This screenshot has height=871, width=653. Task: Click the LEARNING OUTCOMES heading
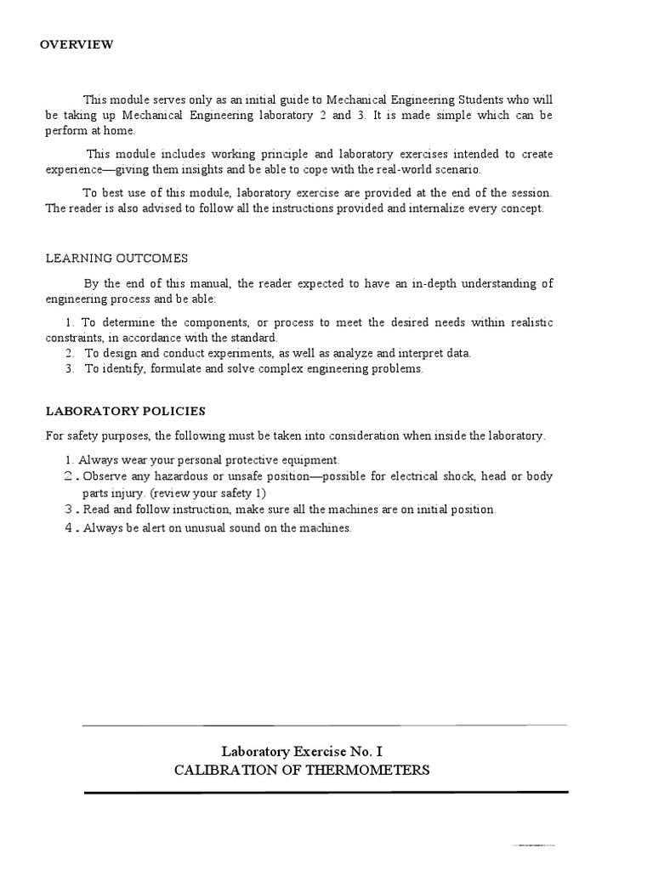tap(116, 259)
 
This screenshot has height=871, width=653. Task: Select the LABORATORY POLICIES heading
tap(125, 412)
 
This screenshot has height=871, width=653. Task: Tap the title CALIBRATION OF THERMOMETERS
tap(302, 771)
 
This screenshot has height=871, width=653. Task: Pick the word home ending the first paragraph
tap(118, 131)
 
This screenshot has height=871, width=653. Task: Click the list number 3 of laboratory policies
tap(69, 510)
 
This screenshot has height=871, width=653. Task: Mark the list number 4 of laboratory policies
tap(69, 527)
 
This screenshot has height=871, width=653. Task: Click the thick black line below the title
tap(326, 792)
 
